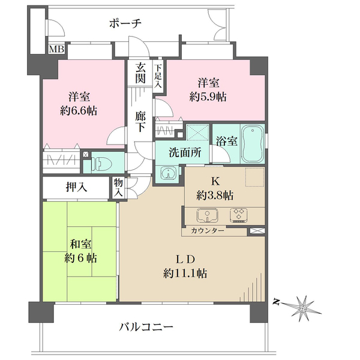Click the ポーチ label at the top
125,23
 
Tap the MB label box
56,49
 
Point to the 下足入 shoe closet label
158,76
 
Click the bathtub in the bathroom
254,143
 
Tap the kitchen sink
206,215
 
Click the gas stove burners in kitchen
239,215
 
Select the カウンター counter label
208,231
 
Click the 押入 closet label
76,187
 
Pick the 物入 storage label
119,188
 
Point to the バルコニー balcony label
146,327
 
